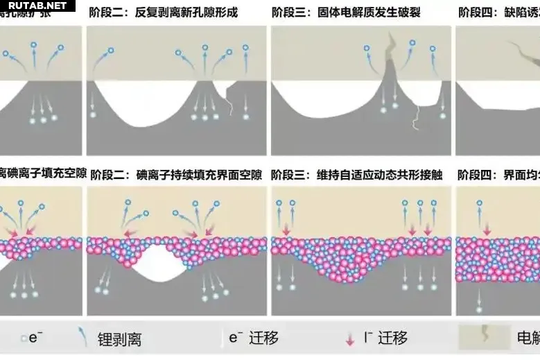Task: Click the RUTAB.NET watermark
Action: pyautogui.click(x=37, y=6)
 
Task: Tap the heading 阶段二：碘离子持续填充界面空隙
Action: pyautogui.click(x=177, y=174)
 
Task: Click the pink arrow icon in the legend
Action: pyautogui.click(x=350, y=339)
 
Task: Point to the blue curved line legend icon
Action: pyautogui.click(x=84, y=337)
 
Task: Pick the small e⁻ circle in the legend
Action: pyautogui.click(x=24, y=338)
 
